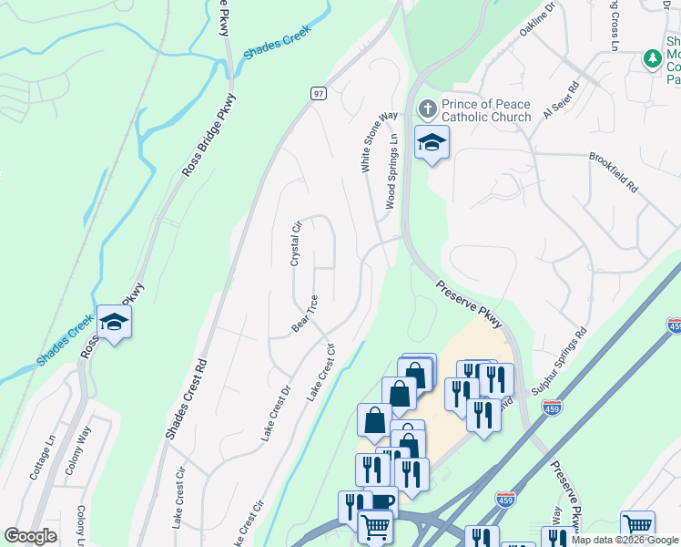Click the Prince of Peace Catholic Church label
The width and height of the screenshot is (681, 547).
(x=486, y=110)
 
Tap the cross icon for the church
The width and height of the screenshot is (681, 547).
(x=427, y=110)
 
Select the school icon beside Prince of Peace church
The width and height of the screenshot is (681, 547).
(x=432, y=143)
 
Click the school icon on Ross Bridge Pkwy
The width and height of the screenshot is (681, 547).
(x=115, y=322)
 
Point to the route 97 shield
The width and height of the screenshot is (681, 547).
(x=318, y=93)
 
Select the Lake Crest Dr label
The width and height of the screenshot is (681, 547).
(x=275, y=414)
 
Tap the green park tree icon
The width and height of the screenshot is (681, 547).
(x=651, y=59)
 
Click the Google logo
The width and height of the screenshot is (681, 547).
(x=31, y=536)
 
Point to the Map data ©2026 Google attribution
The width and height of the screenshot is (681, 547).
(x=625, y=540)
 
